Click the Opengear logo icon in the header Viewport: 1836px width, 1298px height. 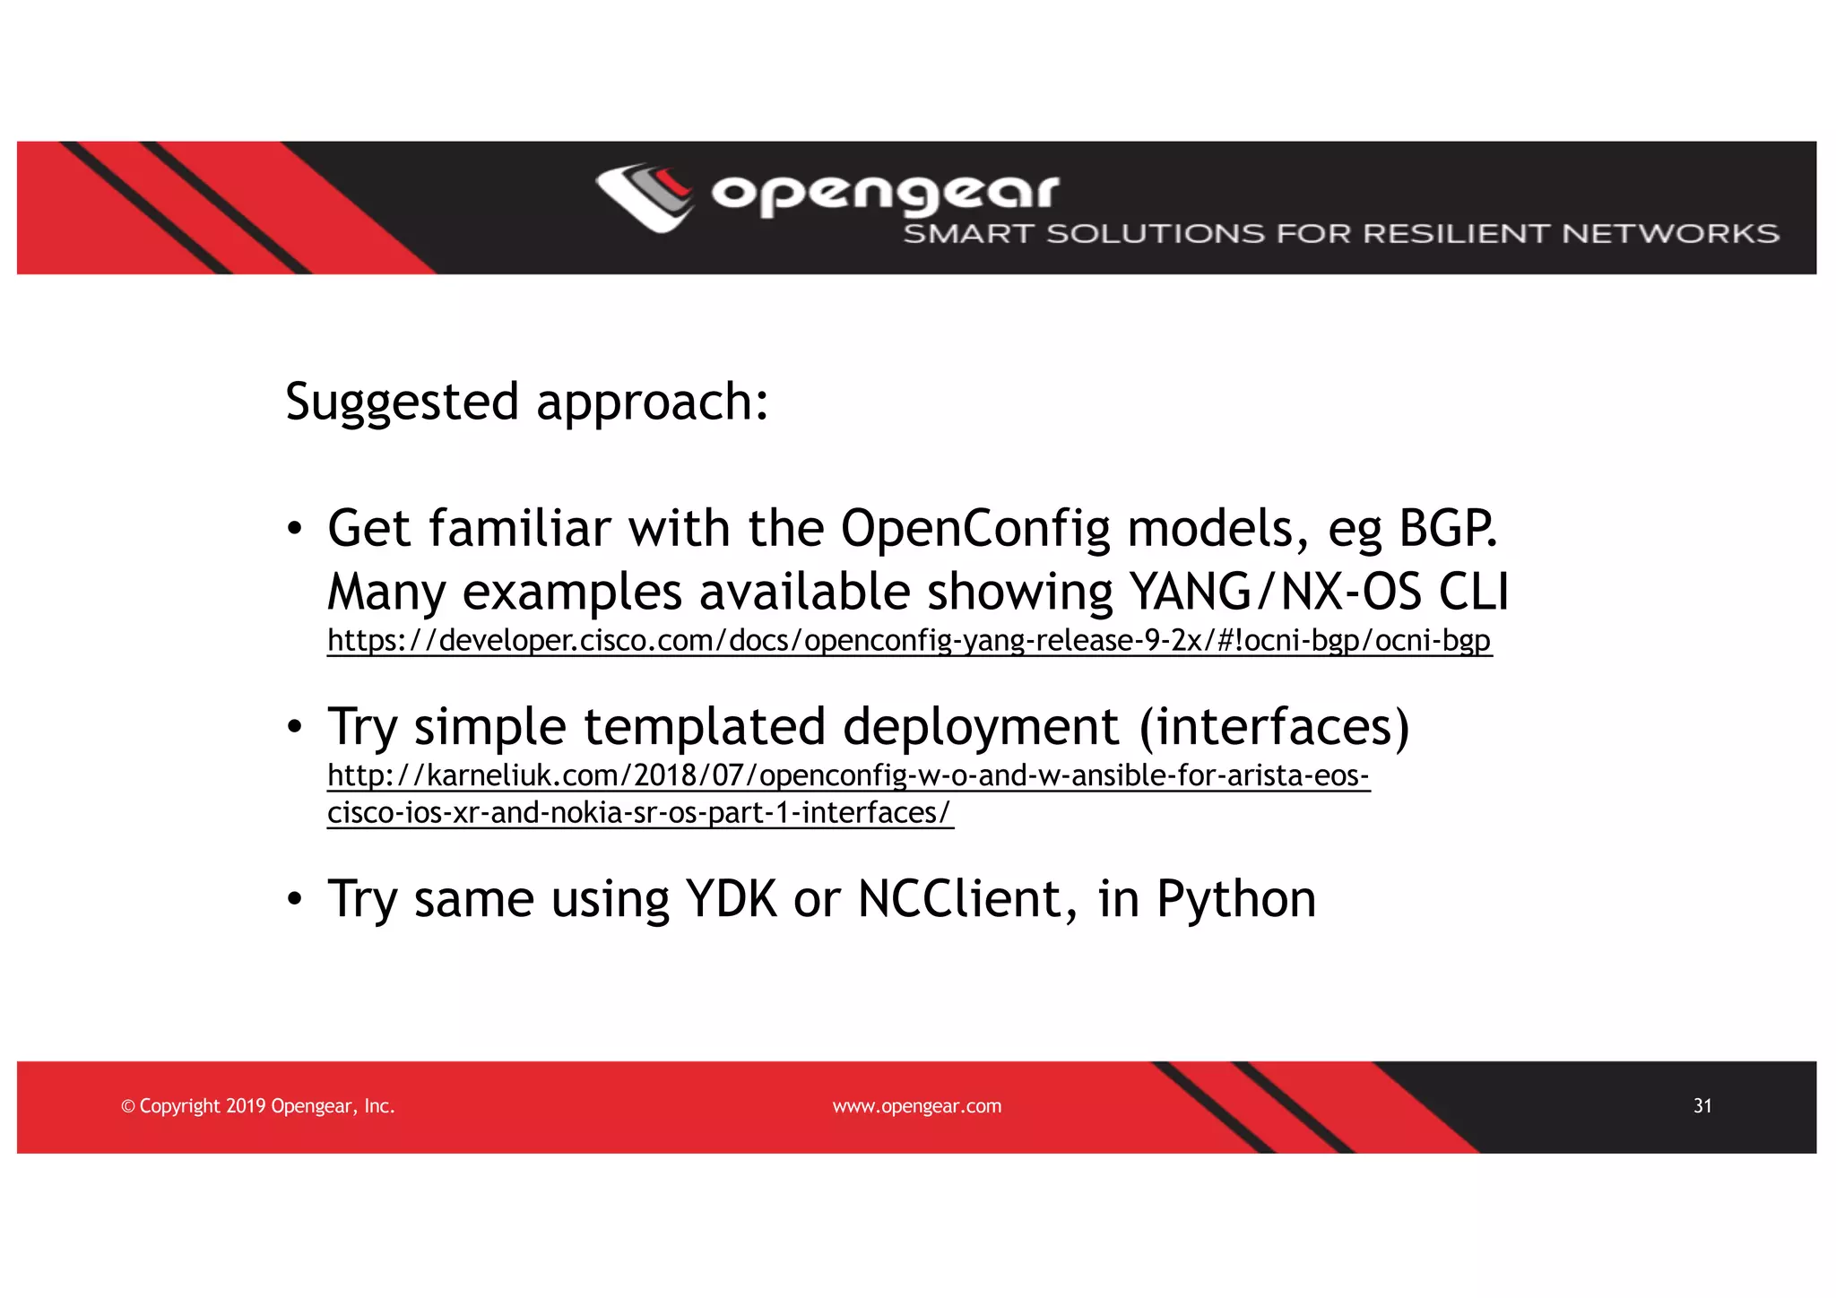(x=644, y=196)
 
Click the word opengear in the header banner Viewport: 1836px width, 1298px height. (x=885, y=193)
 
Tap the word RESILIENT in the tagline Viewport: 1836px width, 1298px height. (x=1458, y=234)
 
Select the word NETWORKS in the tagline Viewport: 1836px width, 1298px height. (x=1669, y=234)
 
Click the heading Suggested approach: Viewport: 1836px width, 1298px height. (x=526, y=402)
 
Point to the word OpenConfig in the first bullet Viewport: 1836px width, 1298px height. (x=974, y=528)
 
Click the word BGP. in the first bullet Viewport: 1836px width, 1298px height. (x=1448, y=528)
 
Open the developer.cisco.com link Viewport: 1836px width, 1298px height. (x=908, y=641)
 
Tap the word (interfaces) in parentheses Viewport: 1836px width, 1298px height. (x=1274, y=726)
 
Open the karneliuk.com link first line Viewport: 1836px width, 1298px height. (x=848, y=775)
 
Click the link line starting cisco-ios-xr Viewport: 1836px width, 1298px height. (x=639, y=813)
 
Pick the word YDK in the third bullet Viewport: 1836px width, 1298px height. (x=730, y=898)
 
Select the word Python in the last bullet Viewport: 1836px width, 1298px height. (x=1235, y=898)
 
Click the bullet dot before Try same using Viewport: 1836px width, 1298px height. (x=294, y=899)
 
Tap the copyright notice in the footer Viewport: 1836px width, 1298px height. (x=257, y=1106)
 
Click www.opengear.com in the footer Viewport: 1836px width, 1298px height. (x=916, y=1106)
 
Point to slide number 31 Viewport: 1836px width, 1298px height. (x=1702, y=1106)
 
